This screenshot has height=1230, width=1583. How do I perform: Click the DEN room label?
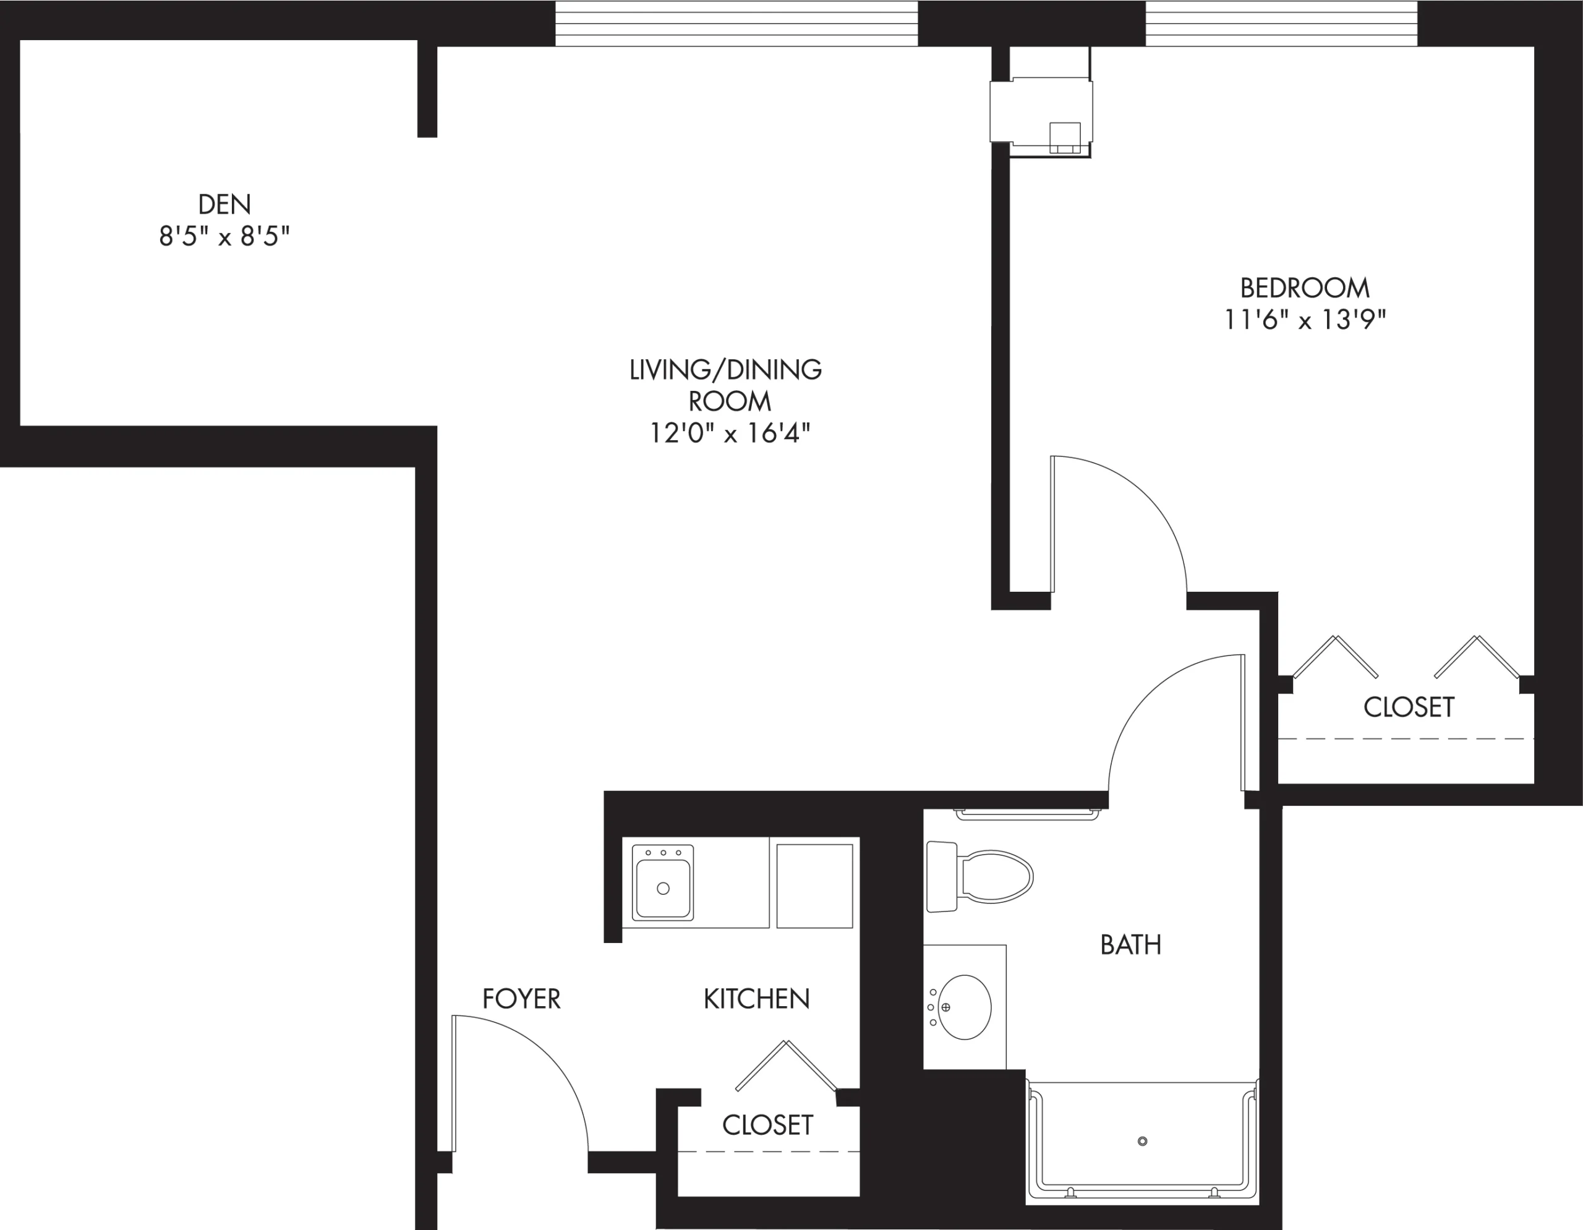point(224,205)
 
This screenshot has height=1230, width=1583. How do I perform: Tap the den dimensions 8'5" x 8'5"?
point(224,236)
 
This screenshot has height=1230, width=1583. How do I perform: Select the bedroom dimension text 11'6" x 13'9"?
point(1305,320)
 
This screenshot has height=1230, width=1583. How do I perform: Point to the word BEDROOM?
point(1305,288)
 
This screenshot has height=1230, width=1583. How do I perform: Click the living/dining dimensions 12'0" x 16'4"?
point(729,433)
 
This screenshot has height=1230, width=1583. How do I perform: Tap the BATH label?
point(1131,945)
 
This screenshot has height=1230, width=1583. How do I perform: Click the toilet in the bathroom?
point(978,877)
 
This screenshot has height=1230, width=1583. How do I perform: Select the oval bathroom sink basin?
point(964,1007)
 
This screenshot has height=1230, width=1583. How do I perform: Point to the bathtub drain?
point(1143,1142)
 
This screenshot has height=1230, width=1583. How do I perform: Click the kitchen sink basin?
point(662,889)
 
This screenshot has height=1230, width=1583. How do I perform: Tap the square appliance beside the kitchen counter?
point(815,886)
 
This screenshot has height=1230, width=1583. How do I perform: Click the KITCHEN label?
point(756,999)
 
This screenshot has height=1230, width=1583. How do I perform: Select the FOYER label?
point(521,999)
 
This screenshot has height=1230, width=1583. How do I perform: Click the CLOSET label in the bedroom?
point(1409,707)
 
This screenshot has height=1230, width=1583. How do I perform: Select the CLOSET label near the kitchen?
point(767,1125)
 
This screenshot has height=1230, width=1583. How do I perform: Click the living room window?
point(736,23)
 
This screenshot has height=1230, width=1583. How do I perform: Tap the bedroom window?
point(1281,23)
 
